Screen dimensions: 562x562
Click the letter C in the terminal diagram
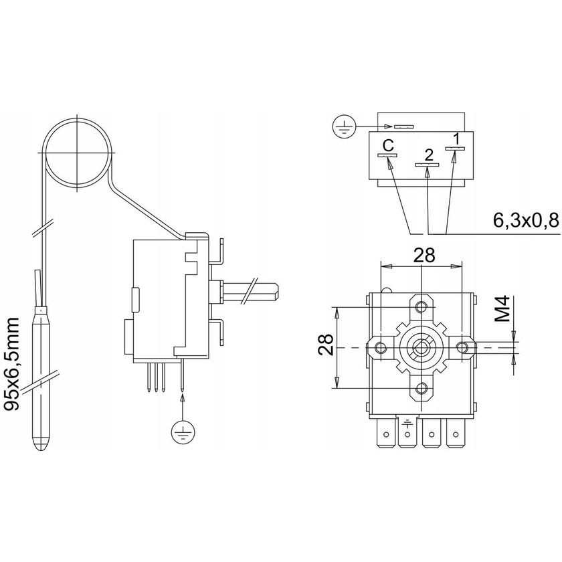coord(388,145)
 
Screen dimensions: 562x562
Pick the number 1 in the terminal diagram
coord(456,139)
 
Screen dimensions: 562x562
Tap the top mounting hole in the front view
coord(421,306)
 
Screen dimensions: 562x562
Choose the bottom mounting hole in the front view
coord(421,389)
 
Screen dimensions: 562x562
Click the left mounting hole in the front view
coord(380,347)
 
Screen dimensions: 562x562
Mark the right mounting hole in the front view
coord(462,347)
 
